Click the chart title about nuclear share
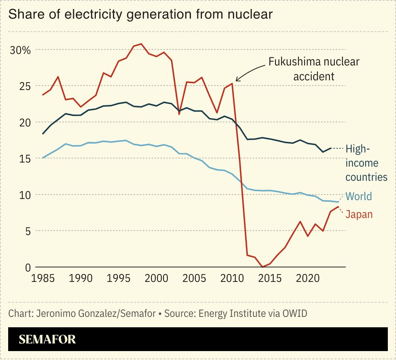click(140, 14)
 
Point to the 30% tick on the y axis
click(20, 50)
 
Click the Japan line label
click(359, 214)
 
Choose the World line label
click(358, 196)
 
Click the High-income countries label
click(366, 163)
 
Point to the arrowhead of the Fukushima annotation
click(237, 80)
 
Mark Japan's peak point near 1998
click(141, 44)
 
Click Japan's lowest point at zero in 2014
click(263, 267)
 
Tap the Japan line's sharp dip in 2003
click(179, 114)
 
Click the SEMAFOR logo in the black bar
click(47, 339)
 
